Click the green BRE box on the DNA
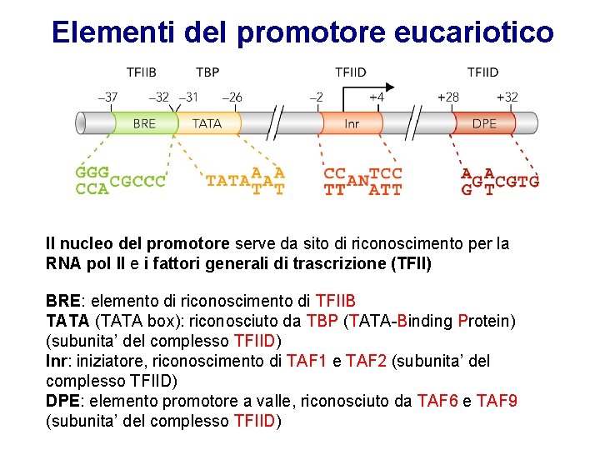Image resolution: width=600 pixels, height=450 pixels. coord(143,123)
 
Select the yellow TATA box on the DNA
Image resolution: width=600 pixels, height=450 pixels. coord(207,123)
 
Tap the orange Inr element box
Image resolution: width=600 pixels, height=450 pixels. coord(352,123)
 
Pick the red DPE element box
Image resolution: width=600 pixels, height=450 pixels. coord(484,123)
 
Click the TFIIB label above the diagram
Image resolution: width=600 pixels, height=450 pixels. coord(141,72)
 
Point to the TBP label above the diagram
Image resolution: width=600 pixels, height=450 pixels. coord(207,72)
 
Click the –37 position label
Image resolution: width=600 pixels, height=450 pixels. coord(107,97)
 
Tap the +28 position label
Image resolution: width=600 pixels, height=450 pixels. coord(448,97)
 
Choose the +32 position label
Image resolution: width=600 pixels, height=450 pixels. coord(507,97)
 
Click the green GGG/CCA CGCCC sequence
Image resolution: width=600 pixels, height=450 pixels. coord(120,180)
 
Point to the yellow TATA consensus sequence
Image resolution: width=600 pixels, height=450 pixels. coord(245,180)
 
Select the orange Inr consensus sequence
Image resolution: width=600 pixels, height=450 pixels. coord(362,181)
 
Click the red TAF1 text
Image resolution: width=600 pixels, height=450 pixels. coord(307,361)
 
